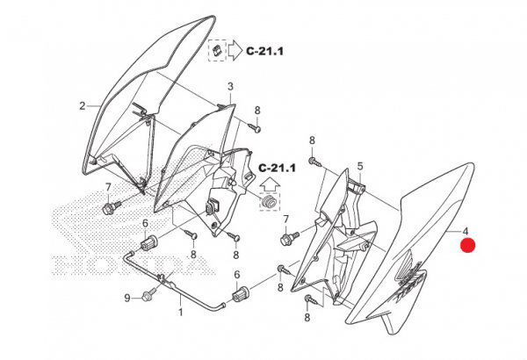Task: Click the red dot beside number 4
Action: pyautogui.click(x=467, y=245)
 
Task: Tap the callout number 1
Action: pyautogui.click(x=180, y=312)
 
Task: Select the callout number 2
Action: pyautogui.click(x=83, y=106)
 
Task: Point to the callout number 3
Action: pyautogui.click(x=230, y=86)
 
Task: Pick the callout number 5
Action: pyautogui.click(x=360, y=166)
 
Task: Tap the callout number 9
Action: pyautogui.click(x=127, y=298)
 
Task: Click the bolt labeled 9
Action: pyautogui.click(x=149, y=294)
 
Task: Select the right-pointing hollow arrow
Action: pyautogui.click(x=235, y=51)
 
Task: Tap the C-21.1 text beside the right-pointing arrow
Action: pyautogui.click(x=265, y=51)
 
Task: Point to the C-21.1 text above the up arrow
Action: pyautogui.click(x=277, y=168)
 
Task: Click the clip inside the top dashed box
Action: pyautogui.click(x=217, y=50)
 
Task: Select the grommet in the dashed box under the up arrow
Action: pyautogui.click(x=269, y=202)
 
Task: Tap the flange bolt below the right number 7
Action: pyautogui.click(x=289, y=238)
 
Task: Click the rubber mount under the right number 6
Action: pyautogui.click(x=241, y=294)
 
